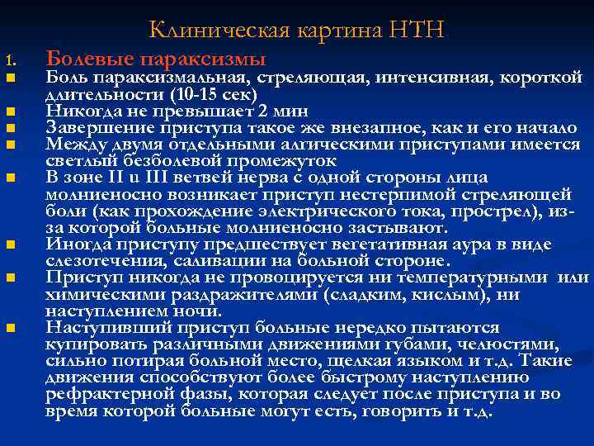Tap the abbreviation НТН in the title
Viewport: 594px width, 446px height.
point(421,31)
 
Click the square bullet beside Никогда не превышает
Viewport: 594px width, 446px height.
point(9,111)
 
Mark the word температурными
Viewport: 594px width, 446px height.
point(483,278)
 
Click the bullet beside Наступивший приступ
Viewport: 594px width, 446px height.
point(9,329)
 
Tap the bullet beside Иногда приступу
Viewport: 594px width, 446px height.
point(9,245)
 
